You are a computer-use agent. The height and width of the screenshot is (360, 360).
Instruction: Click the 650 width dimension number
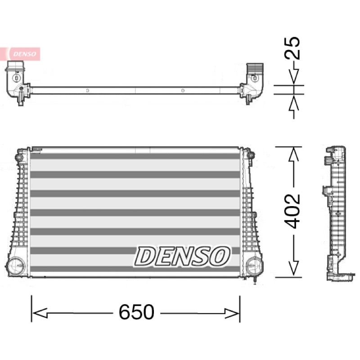(136, 312)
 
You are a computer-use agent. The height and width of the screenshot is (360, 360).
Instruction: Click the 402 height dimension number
(292, 211)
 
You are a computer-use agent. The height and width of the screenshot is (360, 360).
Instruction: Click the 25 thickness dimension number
(292, 48)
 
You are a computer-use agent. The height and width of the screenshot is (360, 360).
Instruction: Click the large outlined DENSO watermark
(182, 256)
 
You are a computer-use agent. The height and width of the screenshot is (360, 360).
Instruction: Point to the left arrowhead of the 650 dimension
(40, 313)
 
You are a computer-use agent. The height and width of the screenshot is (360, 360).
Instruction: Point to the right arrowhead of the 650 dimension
(232, 313)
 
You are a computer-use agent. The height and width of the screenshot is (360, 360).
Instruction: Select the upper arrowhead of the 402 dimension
(294, 154)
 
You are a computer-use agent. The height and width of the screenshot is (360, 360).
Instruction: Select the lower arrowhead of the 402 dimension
(294, 268)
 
